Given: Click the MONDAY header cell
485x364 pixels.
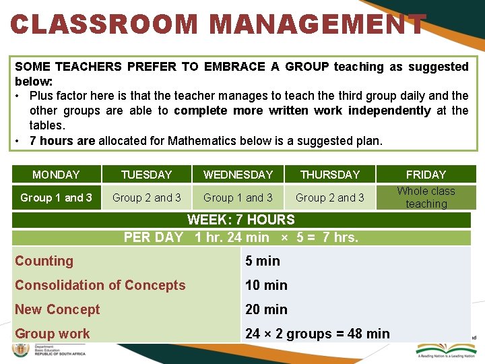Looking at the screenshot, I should [56, 175].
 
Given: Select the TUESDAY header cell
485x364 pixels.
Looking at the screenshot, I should [146, 175].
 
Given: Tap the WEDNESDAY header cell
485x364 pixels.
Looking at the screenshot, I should [238, 175].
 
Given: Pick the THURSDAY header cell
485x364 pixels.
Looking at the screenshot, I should [330, 175].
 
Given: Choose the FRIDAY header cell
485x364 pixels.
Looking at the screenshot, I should [426, 175].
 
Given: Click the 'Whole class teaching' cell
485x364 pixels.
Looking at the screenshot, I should [426, 198].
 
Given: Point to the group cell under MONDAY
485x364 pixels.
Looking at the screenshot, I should [56, 198].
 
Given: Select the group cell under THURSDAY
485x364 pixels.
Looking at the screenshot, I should [330, 198].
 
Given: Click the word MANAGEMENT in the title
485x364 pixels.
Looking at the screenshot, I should [318, 25].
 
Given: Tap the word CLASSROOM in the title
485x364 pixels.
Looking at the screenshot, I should [104, 25].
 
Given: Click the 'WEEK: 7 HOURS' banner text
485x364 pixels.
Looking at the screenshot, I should [240, 220].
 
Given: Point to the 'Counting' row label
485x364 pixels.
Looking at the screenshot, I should [44, 261].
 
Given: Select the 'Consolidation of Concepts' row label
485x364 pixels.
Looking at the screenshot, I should [100, 285].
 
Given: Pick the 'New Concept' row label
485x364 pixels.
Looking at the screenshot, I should [57, 309].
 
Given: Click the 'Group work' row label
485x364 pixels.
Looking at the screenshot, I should [53, 334].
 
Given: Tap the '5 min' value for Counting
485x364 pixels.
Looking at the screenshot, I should [263, 261].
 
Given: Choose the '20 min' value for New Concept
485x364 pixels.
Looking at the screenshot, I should [266, 309].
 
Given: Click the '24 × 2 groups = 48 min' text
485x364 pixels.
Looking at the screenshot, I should [317, 334].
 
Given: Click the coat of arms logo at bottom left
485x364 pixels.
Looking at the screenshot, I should [20, 351].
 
